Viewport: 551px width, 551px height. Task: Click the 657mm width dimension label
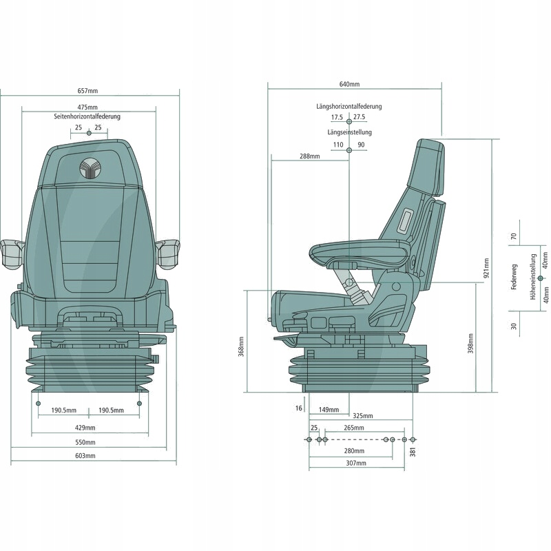click(x=87, y=91)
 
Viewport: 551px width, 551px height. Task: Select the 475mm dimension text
click(x=87, y=107)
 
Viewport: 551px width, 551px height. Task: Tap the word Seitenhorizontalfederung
click(x=87, y=117)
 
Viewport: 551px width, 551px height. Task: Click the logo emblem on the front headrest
click(x=89, y=168)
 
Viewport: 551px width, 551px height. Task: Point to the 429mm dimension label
click(x=87, y=428)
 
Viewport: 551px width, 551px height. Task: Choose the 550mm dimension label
click(x=87, y=442)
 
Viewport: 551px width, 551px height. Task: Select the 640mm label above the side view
click(x=349, y=85)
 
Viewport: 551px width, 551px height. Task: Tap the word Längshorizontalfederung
click(x=349, y=107)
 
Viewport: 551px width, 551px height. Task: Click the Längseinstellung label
click(x=349, y=132)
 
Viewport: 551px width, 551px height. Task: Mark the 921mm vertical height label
click(x=486, y=267)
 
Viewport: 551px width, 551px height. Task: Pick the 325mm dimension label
click(x=363, y=417)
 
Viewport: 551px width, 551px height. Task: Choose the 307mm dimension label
click(x=356, y=464)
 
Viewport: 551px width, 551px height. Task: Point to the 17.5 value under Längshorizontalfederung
click(x=337, y=118)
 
